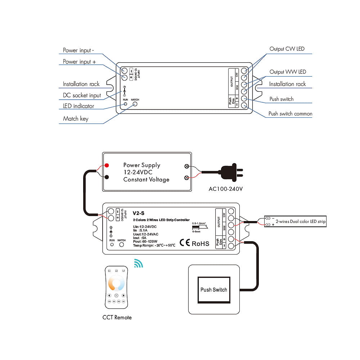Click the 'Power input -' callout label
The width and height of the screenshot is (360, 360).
tap(77, 50)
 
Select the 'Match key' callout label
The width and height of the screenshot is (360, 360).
tap(76, 118)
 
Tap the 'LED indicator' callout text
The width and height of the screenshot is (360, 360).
tap(78, 106)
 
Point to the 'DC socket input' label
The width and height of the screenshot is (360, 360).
tap(82, 95)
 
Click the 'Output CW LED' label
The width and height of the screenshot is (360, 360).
tap(287, 49)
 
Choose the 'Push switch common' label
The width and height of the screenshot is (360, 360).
tap(290, 114)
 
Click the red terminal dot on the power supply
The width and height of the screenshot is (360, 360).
tap(107, 166)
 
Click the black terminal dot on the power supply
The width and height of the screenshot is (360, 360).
tap(107, 177)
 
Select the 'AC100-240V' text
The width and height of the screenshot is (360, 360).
tap(226, 189)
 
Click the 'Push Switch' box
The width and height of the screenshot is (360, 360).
tap(214, 289)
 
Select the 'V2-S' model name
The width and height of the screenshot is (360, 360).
tap(139, 213)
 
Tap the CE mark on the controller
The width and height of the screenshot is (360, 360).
tap(185, 243)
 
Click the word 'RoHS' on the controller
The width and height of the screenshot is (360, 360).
tap(201, 243)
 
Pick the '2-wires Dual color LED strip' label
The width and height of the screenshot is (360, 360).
tap(300, 221)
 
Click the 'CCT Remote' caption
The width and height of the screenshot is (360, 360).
tap(117, 318)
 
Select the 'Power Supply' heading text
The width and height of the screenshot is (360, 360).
tap(141, 165)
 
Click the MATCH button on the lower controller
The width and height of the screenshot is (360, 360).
tap(122, 244)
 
